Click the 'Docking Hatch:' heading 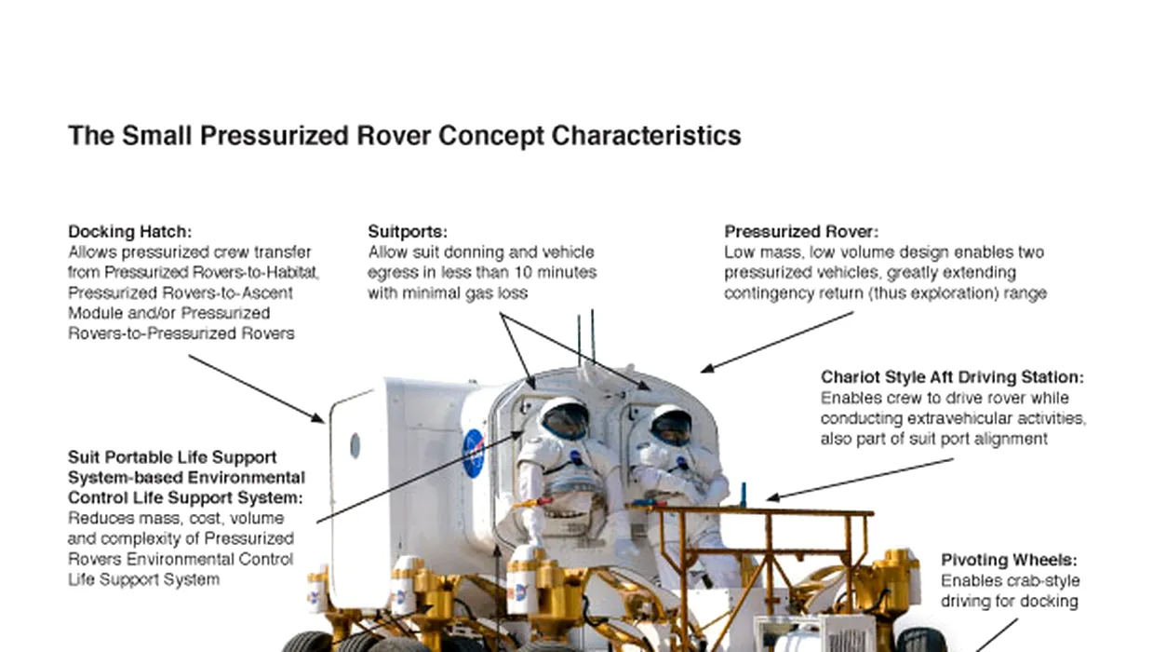tap(129, 232)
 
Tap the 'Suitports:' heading tap(408, 232)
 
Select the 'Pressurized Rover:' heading tap(801, 232)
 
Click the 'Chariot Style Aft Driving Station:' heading tap(952, 377)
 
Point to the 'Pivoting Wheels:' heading tap(1009, 560)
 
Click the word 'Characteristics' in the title tap(646, 136)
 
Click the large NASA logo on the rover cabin tap(474, 454)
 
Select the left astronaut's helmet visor tap(566, 421)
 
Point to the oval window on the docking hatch tap(355, 445)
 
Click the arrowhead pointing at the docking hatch tap(318, 417)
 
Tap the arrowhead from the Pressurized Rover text tap(706, 368)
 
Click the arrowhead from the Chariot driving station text tap(772, 497)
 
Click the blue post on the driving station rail tap(744, 495)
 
